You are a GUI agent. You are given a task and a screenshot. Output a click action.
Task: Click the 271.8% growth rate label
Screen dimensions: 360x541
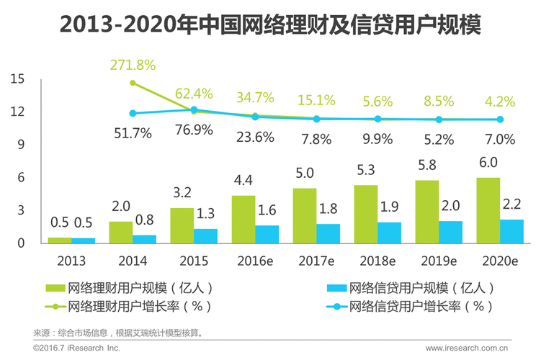click(133, 65)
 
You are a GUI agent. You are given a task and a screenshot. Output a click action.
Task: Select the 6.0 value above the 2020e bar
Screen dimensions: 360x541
click(488, 164)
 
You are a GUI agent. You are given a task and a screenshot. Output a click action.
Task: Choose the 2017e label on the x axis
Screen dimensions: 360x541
click(316, 259)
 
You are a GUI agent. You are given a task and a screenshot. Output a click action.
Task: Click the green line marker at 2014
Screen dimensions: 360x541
click(133, 83)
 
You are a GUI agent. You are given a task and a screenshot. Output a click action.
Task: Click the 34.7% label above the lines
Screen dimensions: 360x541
click(254, 96)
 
